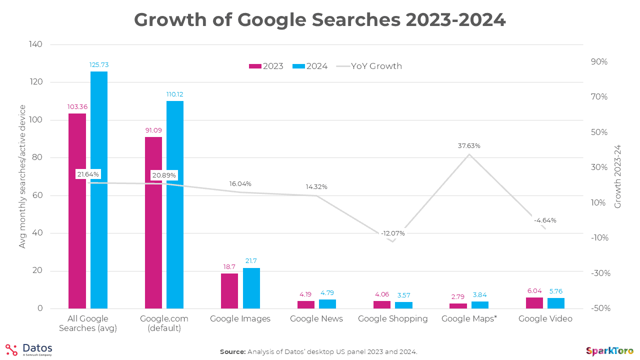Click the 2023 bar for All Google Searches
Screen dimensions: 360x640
coord(77,211)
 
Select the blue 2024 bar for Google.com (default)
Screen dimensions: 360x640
coord(175,204)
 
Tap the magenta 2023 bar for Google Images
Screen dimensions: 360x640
coord(229,291)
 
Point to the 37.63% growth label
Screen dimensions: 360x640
coord(468,146)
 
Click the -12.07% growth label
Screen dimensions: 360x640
coord(392,233)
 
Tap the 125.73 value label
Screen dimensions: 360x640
coord(99,64)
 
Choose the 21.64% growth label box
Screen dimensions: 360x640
coord(88,174)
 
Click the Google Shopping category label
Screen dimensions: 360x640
coord(393,318)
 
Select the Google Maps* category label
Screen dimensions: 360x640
coord(469,318)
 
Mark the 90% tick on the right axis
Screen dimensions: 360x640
coord(598,62)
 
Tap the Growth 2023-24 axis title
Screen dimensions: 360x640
coord(617,176)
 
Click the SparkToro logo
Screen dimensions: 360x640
coord(609,351)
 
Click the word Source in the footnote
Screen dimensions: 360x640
coord(232,352)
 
